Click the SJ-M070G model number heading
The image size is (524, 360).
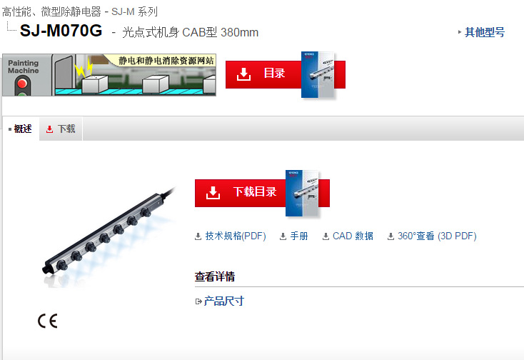coord(61,31)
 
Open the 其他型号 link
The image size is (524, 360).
coord(484,32)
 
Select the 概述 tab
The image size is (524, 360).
coord(23,129)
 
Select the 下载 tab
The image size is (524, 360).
coord(66,129)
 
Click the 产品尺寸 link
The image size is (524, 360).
coord(223,301)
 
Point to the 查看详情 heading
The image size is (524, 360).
coord(215,277)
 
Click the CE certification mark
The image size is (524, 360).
coord(48,321)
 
